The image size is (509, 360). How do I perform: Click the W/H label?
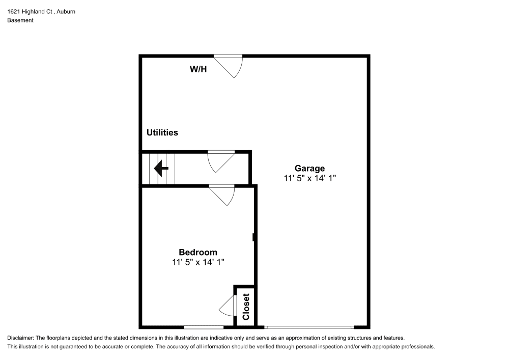tap(199, 69)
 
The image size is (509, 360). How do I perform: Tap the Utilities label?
tap(162, 132)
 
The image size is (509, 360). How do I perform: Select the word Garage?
tap(309, 168)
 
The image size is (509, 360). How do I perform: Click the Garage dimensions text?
tap(310, 178)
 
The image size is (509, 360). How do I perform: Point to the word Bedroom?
tap(198, 252)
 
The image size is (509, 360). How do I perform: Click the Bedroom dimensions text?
tap(198, 262)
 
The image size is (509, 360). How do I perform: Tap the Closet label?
tap(246, 307)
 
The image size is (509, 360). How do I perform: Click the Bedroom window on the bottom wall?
tap(203, 327)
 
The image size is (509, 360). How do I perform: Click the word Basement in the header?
tap(20, 20)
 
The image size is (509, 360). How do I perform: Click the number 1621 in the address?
tap(13, 11)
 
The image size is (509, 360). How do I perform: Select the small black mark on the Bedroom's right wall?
tap(253, 237)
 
